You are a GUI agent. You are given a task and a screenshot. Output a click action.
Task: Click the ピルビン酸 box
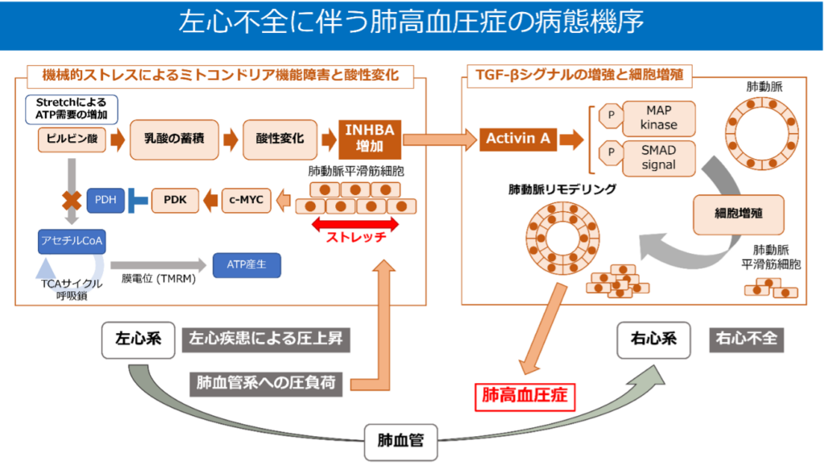pyautogui.click(x=71, y=139)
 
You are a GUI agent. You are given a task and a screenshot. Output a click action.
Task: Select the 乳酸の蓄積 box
pyautogui.click(x=175, y=139)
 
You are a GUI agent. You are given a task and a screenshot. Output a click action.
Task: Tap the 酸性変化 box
pyautogui.click(x=280, y=139)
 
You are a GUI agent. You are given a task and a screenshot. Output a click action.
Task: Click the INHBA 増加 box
pyautogui.click(x=370, y=139)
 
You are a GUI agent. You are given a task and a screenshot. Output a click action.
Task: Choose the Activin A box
pyautogui.click(x=518, y=139)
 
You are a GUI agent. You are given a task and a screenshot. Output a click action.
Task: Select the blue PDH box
pyautogui.click(x=106, y=200)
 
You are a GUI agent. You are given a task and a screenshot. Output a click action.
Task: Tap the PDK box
pyautogui.click(x=175, y=199)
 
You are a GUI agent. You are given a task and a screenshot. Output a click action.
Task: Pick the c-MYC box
pyautogui.click(x=247, y=199)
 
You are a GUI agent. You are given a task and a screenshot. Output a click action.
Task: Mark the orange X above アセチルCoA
pyautogui.click(x=72, y=200)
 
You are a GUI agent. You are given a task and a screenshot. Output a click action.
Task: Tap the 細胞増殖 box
pyautogui.click(x=738, y=214)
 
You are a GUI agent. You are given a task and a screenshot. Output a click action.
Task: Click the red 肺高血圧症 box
pyautogui.click(x=524, y=396)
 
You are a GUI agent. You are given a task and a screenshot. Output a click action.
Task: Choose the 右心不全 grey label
pyautogui.click(x=746, y=339)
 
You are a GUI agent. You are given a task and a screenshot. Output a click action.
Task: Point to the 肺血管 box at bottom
pyautogui.click(x=400, y=440)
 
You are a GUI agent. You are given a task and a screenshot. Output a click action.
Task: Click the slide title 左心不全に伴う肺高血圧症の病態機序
pyautogui.click(x=412, y=23)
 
